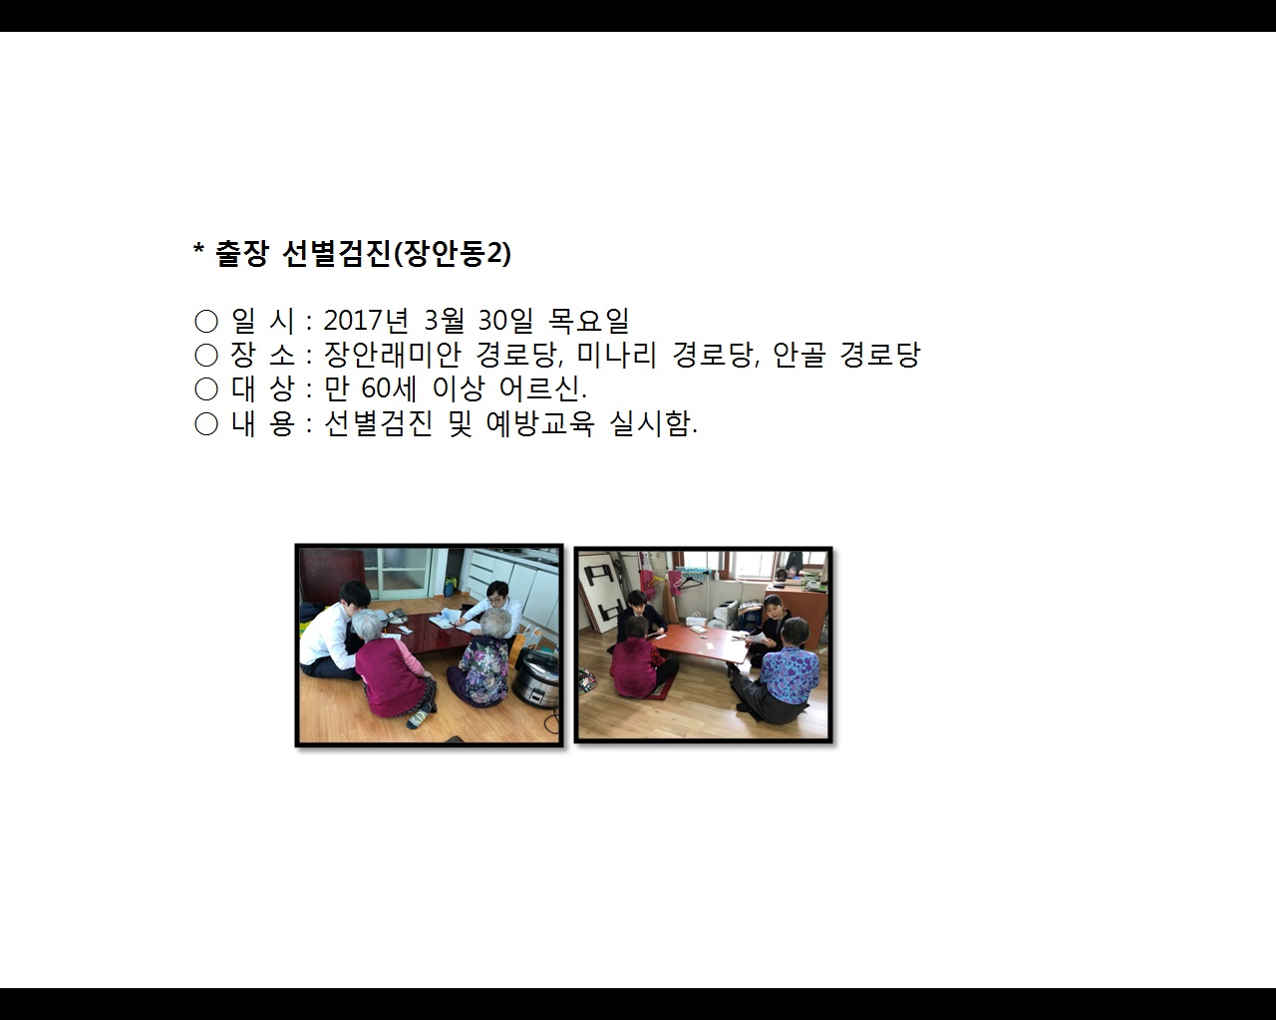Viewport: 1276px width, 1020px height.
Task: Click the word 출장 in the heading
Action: click(241, 254)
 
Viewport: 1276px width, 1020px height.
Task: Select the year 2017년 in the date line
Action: click(366, 321)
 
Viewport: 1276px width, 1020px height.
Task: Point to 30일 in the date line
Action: click(505, 321)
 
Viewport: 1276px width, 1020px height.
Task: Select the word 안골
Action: click(798, 355)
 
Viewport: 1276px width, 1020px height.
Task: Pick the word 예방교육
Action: click(539, 423)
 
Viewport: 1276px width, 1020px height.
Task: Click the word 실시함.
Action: click(652, 423)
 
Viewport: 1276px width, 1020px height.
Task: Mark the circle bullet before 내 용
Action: click(206, 423)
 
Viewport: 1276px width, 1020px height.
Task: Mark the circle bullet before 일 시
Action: click(206, 321)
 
